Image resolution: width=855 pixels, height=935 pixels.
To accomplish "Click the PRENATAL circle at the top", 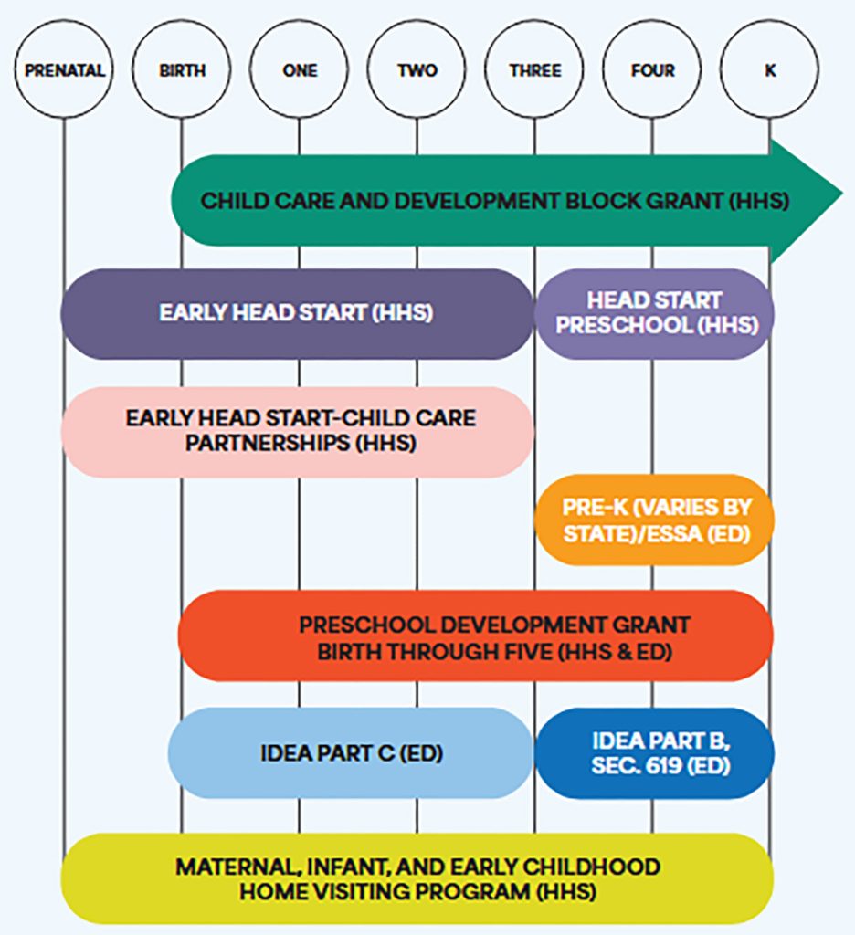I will coord(64,70).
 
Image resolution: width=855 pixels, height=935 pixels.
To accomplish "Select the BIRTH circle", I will coord(181,70).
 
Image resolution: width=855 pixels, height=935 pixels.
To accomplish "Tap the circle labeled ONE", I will coord(299,70).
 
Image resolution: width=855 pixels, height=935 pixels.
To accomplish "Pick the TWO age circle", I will coord(417,70).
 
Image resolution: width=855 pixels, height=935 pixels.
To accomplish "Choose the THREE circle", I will coord(534,70).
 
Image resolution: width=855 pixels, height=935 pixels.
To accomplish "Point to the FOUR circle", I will coord(652,70).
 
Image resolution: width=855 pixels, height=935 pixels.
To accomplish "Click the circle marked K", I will coord(769,70).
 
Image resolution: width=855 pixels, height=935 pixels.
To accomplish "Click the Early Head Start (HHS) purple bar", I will coord(296,313).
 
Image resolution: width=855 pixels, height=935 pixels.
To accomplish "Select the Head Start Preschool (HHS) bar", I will coord(654,313).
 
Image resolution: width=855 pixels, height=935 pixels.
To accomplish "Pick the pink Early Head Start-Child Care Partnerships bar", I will coord(298,431).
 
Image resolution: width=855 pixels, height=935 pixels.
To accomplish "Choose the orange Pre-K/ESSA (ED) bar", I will coord(654,520).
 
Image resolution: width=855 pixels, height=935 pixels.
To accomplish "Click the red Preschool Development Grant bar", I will coord(475,636).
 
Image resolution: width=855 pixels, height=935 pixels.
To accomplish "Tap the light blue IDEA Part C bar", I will coord(351,753).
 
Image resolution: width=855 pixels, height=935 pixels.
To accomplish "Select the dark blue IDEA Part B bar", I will coord(654,753).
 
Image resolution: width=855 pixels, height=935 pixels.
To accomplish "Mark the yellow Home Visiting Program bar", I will coord(417,877).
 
